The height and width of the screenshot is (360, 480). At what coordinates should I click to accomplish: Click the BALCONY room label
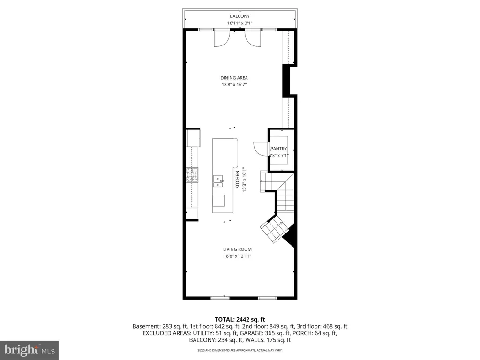point(240,16)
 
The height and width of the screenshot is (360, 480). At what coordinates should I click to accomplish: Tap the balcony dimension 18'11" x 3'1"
point(240,23)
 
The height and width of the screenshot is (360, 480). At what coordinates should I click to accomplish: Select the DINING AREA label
point(234,78)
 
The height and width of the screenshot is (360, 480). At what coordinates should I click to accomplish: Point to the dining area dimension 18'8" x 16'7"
point(234,85)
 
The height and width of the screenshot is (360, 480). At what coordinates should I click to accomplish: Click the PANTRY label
point(278,149)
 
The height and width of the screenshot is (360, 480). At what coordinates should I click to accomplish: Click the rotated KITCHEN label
point(238,180)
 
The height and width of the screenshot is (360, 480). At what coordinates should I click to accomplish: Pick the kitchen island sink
point(218,180)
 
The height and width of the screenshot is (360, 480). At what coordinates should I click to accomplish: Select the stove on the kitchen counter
point(192,175)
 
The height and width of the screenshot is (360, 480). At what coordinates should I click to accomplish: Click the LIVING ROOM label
point(238,249)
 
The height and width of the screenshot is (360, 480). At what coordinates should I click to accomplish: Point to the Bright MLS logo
point(29,350)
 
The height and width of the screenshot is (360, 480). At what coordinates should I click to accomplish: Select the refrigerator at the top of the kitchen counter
point(193,138)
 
